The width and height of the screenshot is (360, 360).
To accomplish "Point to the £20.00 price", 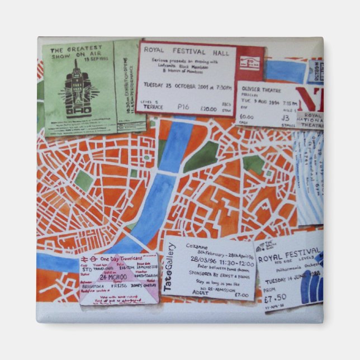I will pos(209,109).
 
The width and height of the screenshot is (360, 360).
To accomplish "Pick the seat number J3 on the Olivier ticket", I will pos(285,118).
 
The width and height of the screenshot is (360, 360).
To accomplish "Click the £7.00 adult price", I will pos(241,295).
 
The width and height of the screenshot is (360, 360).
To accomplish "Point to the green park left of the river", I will pos(83,179).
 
